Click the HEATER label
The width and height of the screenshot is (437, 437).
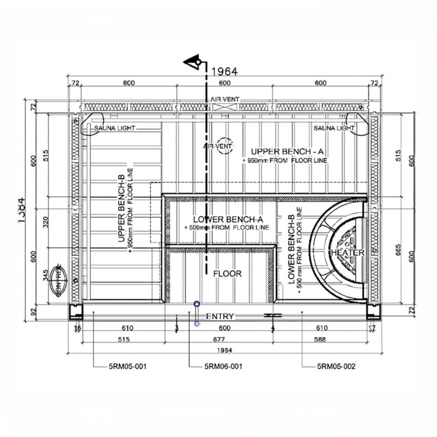[347, 253]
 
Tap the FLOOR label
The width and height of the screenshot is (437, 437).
[227, 274]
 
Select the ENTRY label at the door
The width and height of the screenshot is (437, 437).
[220, 316]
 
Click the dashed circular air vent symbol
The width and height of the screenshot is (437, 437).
[224, 146]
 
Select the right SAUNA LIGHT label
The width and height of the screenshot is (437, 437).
[334, 128]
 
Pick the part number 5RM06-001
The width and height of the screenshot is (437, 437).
[223, 367]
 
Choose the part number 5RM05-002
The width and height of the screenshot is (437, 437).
[336, 367]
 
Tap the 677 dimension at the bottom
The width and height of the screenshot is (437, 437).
[222, 339]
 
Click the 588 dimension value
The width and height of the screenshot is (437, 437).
[320, 339]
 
